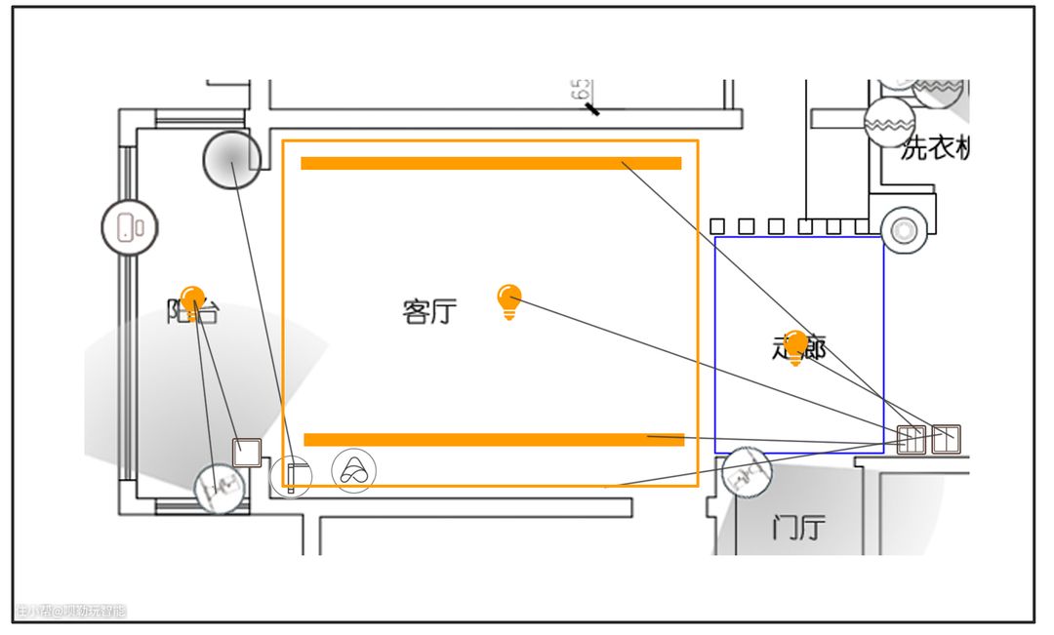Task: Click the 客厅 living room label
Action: [429, 312]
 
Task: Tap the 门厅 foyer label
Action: [798, 530]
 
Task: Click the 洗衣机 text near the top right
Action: [935, 149]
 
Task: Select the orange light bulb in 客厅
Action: [508, 301]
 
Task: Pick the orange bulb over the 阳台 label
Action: [193, 299]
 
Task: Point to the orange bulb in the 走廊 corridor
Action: [796, 345]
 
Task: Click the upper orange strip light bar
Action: [491, 163]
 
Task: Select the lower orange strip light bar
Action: [494, 440]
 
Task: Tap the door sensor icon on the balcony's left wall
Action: [130, 227]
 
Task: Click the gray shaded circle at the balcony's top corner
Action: [232, 159]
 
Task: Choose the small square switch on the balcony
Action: [247, 453]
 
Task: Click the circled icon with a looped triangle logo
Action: [353, 471]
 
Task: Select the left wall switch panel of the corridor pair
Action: [911, 439]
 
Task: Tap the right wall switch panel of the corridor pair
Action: [945, 439]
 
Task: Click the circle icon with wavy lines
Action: [888, 122]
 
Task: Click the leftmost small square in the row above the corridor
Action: [717, 226]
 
